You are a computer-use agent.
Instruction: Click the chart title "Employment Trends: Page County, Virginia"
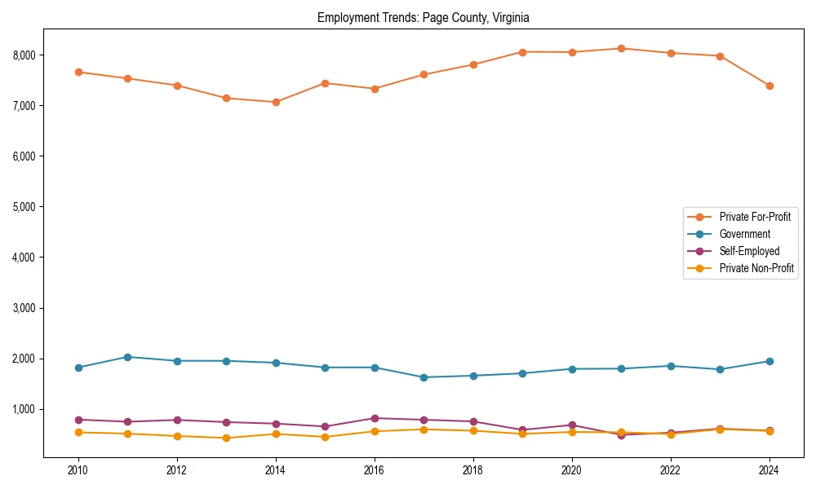point(424,17)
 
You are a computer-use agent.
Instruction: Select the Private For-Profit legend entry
point(756,217)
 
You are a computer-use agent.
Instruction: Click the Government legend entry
point(744,234)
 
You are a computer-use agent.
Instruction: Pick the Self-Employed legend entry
point(749,251)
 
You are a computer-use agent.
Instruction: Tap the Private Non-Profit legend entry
point(756,268)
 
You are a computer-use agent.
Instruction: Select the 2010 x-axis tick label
point(78,470)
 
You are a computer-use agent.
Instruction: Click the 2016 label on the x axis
point(374,470)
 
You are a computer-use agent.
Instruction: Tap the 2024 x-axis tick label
point(769,470)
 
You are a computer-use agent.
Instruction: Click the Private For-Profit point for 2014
point(276,102)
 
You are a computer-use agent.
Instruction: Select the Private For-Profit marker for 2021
point(621,48)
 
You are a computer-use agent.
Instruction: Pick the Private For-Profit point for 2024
point(769,86)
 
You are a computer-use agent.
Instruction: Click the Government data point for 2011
point(127,357)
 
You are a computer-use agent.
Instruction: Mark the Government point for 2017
point(424,377)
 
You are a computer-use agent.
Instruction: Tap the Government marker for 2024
point(769,361)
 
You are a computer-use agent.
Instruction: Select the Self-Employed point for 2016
point(374,418)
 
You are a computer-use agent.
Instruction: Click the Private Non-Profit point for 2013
point(226,438)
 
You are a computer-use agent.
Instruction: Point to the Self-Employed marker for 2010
point(78,420)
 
